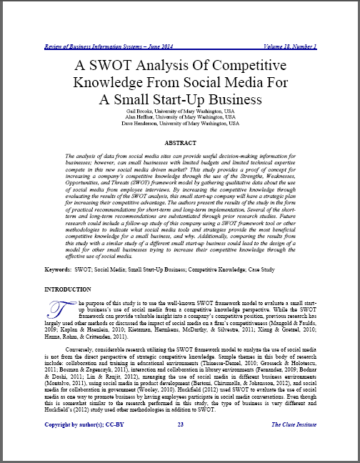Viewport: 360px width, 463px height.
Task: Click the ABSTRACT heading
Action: click(x=180, y=143)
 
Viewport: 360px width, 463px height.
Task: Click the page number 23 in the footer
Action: click(x=181, y=444)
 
